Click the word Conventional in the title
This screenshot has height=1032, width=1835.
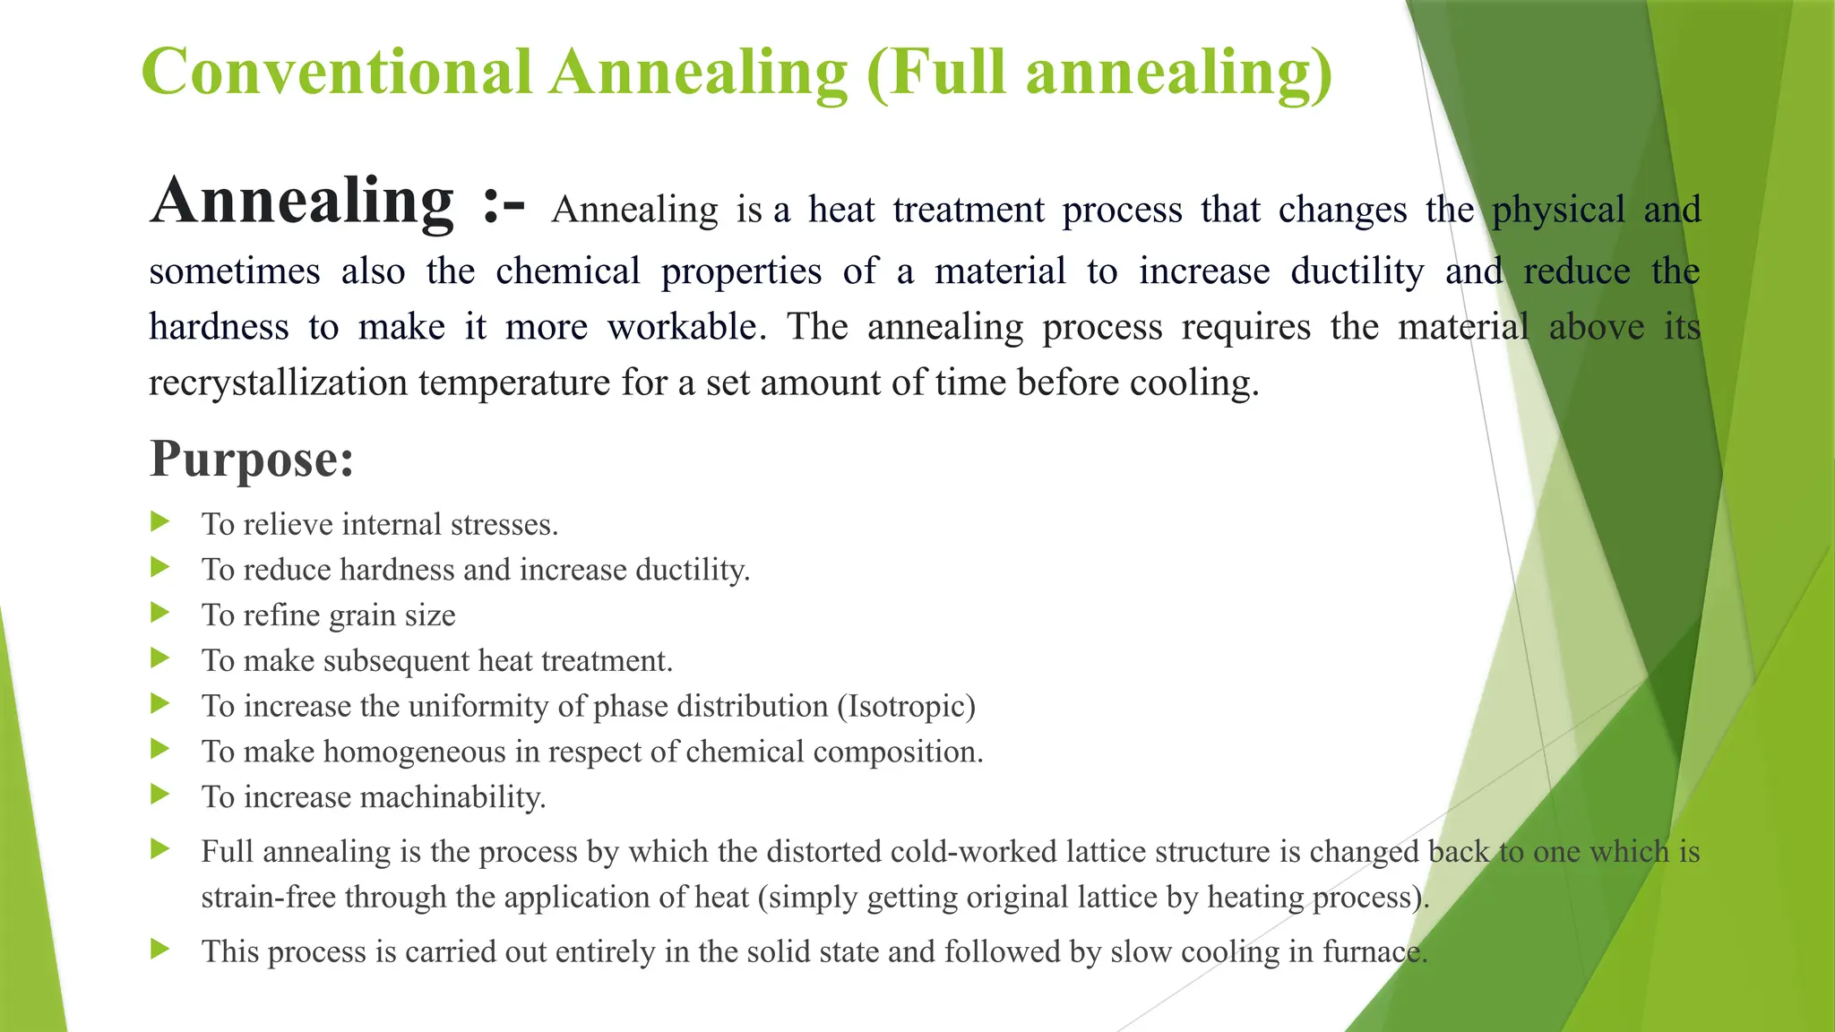[x=337, y=72]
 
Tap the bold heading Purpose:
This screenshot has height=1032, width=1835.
[x=252, y=460]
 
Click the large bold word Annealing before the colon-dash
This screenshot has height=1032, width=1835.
[x=303, y=201]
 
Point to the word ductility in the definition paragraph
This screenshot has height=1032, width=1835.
[x=1357, y=271]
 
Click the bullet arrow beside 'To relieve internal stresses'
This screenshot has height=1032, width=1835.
[x=160, y=521]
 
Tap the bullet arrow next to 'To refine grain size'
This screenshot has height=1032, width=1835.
[x=160, y=613]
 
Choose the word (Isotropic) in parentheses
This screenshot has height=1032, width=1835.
[x=906, y=706]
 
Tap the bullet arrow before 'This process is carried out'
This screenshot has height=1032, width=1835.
[x=160, y=949]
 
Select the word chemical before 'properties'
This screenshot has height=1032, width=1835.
[x=568, y=271]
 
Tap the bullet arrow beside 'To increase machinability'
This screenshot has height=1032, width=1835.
[x=160, y=794]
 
